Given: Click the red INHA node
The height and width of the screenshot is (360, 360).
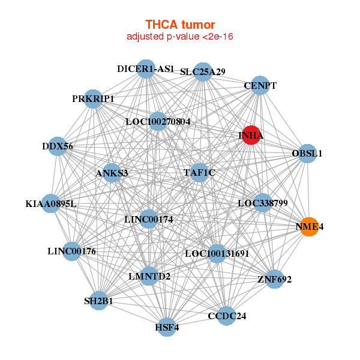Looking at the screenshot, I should click(x=251, y=136).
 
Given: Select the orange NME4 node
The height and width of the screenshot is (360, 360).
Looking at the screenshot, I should click(x=309, y=227).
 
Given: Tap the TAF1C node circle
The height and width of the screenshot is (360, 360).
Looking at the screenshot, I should click(x=199, y=173).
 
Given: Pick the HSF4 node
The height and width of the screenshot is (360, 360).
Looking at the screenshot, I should click(x=167, y=327).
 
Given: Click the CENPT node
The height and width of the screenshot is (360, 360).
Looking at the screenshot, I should click(x=260, y=86).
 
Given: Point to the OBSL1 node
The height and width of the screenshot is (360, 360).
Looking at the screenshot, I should click(x=307, y=154).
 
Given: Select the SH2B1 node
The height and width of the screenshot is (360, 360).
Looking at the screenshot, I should click(x=99, y=300).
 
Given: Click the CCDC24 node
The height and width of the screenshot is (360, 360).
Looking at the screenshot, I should click(x=227, y=316).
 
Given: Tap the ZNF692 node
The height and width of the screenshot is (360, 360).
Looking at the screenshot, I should click(x=274, y=279).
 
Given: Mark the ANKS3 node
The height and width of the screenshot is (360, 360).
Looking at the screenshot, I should click(x=112, y=173).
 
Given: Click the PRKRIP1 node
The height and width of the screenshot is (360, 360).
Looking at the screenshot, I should click(x=93, y=98).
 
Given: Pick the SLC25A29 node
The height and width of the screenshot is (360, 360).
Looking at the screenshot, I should click(x=203, y=72).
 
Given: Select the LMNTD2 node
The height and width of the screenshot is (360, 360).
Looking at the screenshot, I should click(x=149, y=276).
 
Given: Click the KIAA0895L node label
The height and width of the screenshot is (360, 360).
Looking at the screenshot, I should click(x=51, y=204).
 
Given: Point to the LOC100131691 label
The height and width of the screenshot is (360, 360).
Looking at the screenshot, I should click(x=217, y=254).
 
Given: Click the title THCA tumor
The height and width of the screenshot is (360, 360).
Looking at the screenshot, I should click(x=180, y=25).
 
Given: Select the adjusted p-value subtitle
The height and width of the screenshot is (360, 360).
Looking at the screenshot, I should click(x=180, y=37).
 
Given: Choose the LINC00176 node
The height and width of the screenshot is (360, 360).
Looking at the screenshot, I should click(x=72, y=251).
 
